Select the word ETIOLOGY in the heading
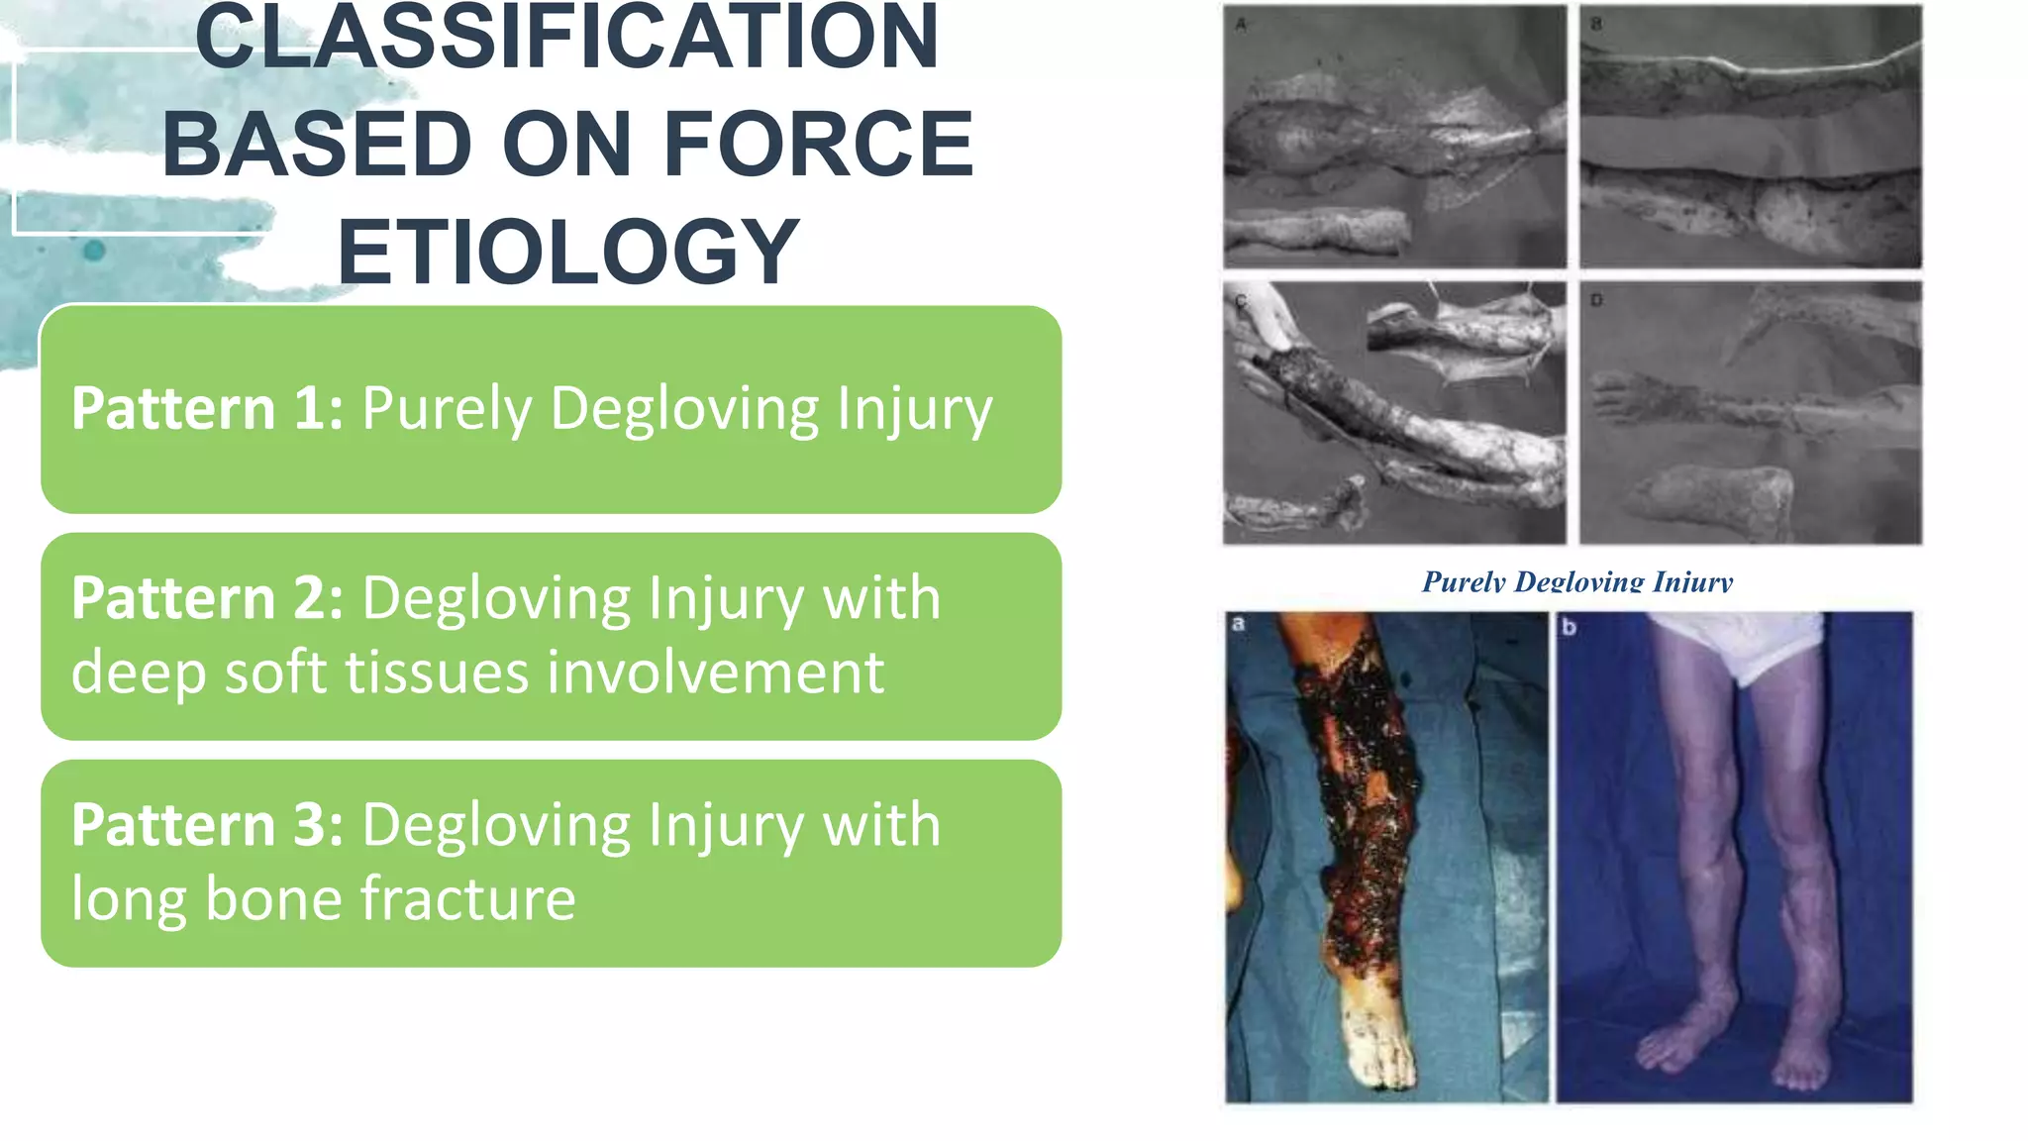click(567, 252)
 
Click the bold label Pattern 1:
click(207, 408)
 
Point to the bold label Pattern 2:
click(207, 598)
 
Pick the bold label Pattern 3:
click(207, 825)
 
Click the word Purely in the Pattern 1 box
click(447, 408)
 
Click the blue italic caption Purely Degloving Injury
click(1576, 582)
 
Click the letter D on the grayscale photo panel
click(1596, 300)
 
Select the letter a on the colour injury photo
click(1238, 624)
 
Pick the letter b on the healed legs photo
click(1569, 627)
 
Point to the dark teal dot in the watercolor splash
click(94, 251)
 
